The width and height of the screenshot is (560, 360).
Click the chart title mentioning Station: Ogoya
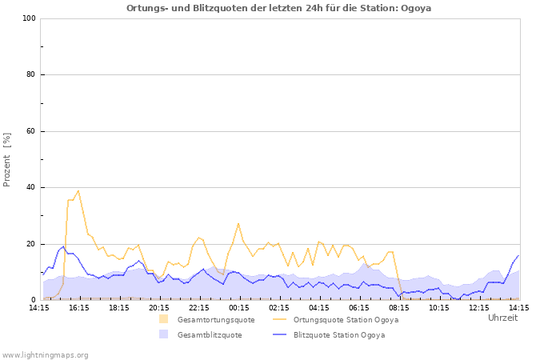pos(284,8)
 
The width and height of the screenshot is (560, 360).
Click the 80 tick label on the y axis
pos(31,75)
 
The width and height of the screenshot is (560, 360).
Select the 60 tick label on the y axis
pos(31,131)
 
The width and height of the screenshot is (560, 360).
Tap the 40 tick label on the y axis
pos(31,188)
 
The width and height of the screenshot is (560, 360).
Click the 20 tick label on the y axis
pos(31,244)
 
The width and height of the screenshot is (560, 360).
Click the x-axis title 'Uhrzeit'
pos(502,318)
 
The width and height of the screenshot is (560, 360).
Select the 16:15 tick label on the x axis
pos(78,307)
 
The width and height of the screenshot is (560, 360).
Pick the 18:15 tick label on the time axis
pos(118,307)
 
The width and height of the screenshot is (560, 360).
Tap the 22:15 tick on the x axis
pos(198,307)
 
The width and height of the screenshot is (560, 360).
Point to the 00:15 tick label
pos(238,307)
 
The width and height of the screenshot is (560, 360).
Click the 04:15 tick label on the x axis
pos(318,307)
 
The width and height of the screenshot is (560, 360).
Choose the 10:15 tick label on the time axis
pos(438,307)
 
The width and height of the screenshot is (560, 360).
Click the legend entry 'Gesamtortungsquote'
pos(215,319)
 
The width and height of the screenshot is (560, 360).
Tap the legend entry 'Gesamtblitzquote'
pos(210,335)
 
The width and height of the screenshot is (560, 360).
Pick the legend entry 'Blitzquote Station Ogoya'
pos(338,335)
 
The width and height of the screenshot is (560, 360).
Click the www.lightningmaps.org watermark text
pos(45,354)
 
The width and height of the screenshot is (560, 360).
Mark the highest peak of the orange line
pos(78,190)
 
